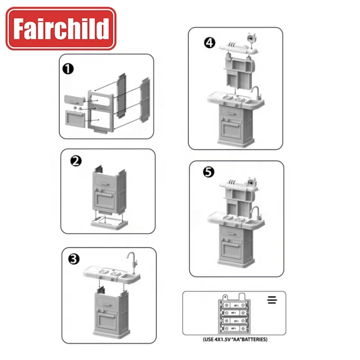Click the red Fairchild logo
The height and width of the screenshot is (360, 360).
(x=61, y=28)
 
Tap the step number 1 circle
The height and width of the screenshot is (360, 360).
(x=68, y=69)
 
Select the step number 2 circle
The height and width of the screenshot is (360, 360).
(x=76, y=161)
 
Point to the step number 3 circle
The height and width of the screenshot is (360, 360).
(x=74, y=259)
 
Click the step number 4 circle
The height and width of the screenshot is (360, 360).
(x=210, y=43)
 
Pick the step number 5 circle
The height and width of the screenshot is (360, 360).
(x=208, y=172)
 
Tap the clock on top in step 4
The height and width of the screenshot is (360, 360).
(x=252, y=38)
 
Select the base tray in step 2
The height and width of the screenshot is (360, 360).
(x=109, y=222)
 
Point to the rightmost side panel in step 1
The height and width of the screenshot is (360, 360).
(x=145, y=100)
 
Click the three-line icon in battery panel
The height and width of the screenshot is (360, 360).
(x=272, y=300)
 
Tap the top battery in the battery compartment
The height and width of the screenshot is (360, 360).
(x=234, y=305)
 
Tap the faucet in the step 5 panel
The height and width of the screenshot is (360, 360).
(x=256, y=214)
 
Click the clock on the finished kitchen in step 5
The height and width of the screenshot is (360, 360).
(x=252, y=182)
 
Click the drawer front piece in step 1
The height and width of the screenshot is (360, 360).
(x=74, y=100)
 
